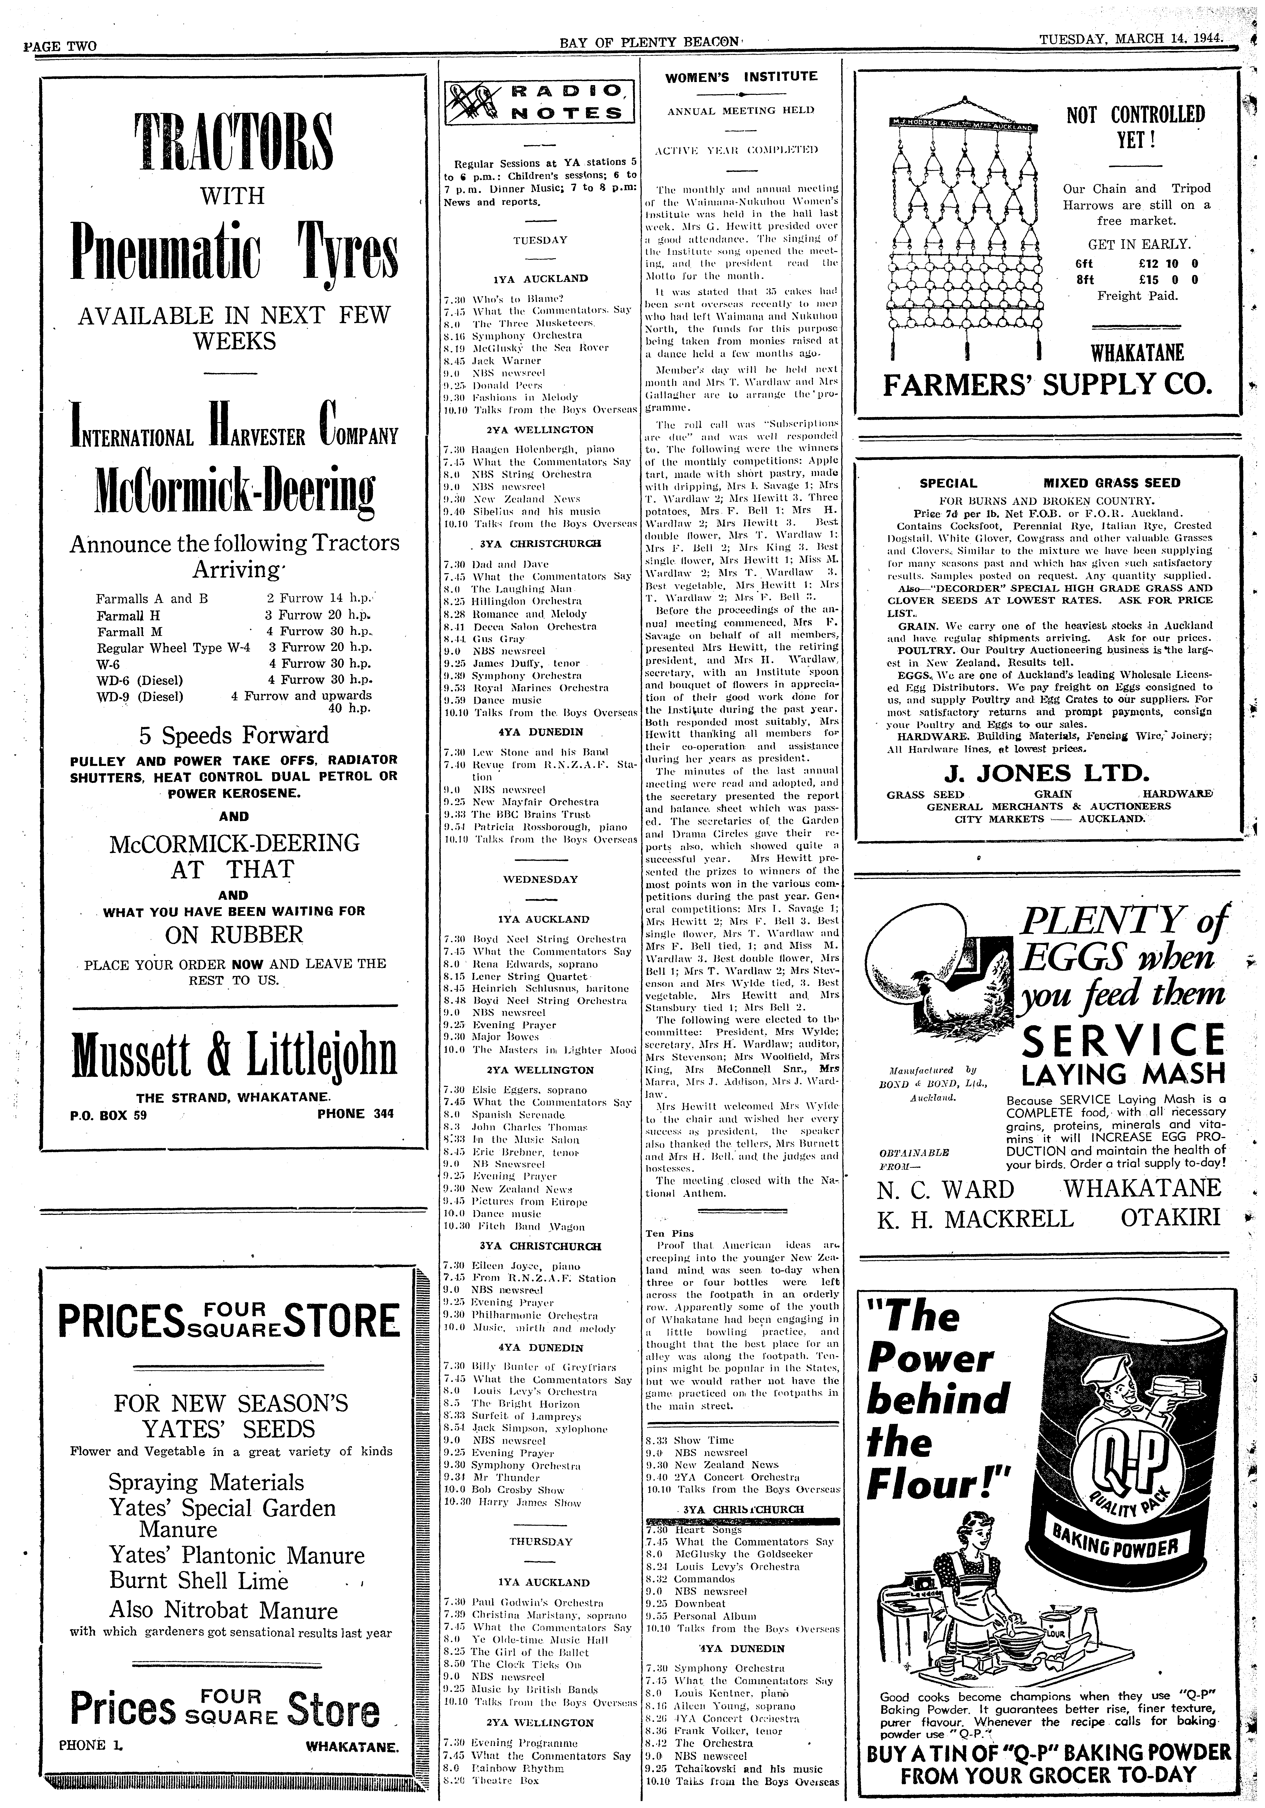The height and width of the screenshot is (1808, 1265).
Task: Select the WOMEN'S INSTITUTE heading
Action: click(741, 76)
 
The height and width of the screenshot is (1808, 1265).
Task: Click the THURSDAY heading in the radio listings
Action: click(540, 1520)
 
